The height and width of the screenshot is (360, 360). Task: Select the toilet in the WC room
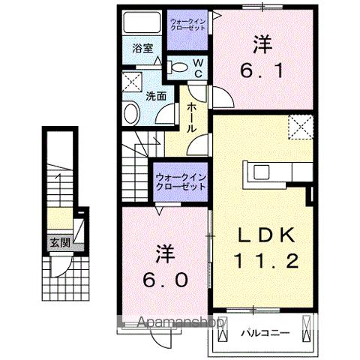[x=177, y=67]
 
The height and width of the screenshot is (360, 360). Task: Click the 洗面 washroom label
[x=156, y=96]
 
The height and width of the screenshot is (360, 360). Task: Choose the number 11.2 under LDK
[x=260, y=262]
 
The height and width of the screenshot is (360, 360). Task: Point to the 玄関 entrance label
[x=59, y=242]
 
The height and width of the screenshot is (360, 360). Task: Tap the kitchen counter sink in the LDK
[x=262, y=171]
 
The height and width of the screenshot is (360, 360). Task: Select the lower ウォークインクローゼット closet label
[x=181, y=181]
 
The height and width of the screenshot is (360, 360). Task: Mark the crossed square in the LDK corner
[x=300, y=125]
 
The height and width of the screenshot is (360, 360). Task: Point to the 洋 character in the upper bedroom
[x=261, y=44]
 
